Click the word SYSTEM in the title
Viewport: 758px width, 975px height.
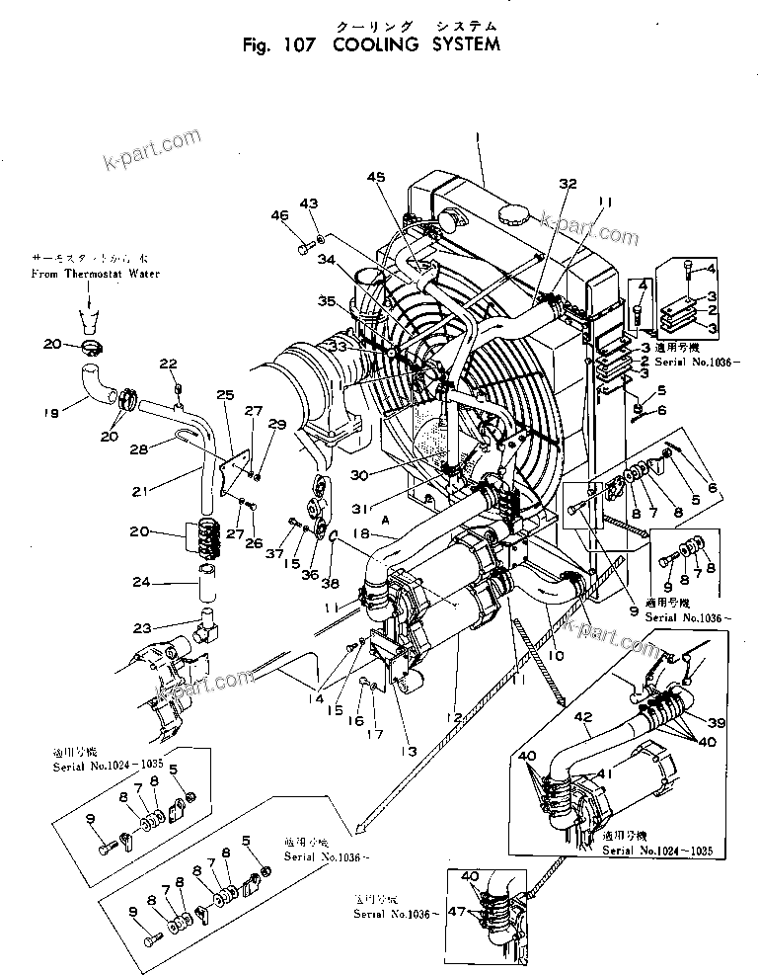(x=461, y=44)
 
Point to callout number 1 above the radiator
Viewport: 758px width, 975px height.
(x=475, y=134)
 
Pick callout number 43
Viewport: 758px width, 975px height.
(x=309, y=203)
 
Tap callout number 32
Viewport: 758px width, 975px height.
(x=567, y=184)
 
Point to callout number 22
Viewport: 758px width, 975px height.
(x=169, y=364)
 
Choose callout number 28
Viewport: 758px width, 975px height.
(x=140, y=449)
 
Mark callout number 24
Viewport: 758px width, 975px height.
(x=143, y=582)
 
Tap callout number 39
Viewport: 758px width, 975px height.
(x=717, y=723)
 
